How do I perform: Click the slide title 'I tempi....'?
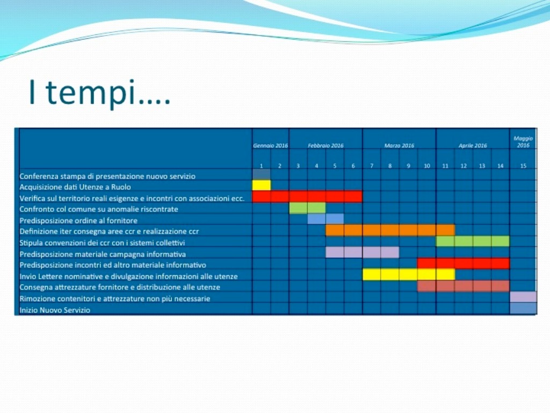99,92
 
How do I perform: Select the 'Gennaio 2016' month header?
271,145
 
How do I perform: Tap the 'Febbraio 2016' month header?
325,145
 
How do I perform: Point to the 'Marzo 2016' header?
399,145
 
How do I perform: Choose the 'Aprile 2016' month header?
473,145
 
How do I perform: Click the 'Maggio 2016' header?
523,142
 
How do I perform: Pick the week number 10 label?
426,166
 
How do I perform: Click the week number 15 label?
523,166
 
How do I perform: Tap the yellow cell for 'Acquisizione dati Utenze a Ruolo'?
262,185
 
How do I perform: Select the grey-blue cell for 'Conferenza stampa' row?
262,174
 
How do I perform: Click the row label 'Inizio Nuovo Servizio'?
55,310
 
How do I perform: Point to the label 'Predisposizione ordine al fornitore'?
78,220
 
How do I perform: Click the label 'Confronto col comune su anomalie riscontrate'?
99,209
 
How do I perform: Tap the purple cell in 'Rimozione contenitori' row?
523,297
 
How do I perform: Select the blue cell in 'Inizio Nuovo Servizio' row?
523,308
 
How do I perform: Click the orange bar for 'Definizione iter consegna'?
390,230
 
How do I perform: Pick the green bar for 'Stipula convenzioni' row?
473,241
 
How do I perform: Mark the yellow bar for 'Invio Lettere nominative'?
409,274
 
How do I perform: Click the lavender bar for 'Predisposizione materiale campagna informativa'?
363,252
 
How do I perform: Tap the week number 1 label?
262,166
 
